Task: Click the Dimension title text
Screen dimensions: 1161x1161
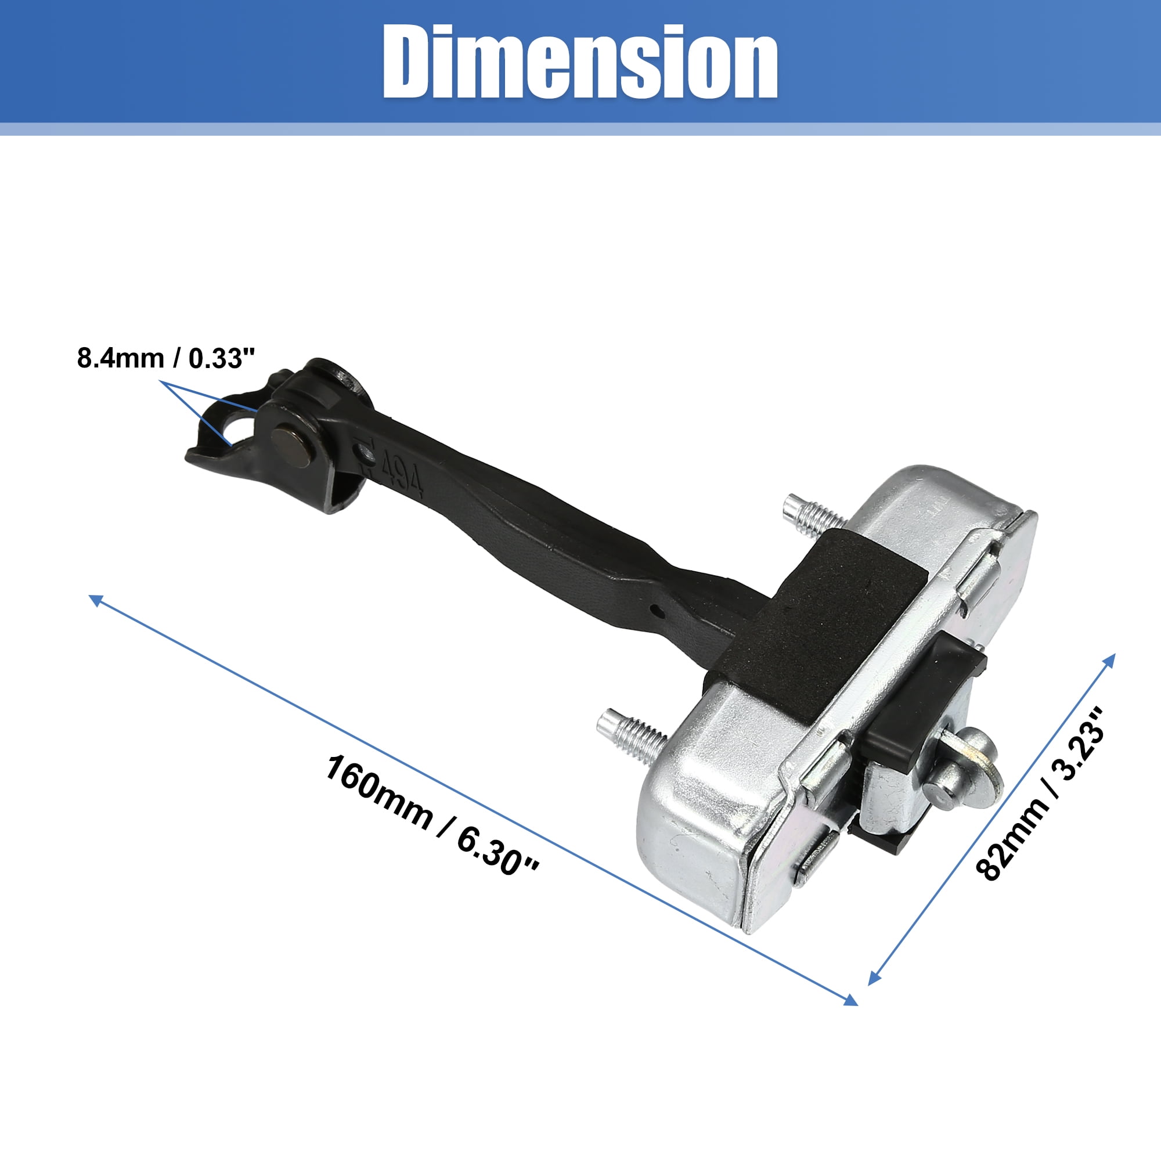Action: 580,62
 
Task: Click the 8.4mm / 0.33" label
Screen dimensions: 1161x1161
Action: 167,358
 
